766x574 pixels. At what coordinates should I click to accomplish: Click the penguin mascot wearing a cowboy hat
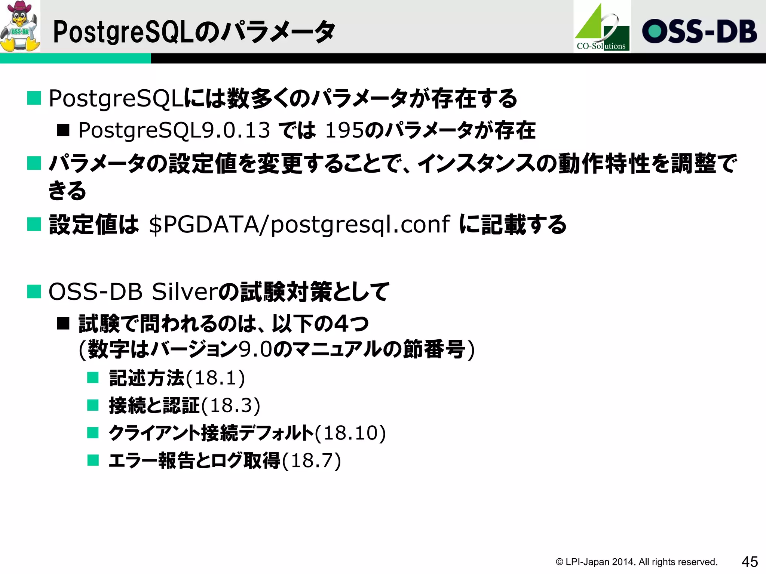[20, 26]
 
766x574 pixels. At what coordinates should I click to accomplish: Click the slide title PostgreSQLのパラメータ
[194, 32]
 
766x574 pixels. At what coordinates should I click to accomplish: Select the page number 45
[750, 562]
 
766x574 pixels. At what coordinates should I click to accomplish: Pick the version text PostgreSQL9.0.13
[174, 130]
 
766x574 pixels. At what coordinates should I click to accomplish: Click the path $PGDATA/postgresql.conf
[299, 225]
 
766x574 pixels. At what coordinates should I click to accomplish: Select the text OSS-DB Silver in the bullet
[133, 291]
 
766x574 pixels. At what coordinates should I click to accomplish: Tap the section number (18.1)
[215, 378]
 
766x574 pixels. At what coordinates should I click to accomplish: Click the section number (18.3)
[231, 405]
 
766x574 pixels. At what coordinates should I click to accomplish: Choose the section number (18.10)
[350, 433]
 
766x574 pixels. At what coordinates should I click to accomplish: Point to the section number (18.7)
[312, 460]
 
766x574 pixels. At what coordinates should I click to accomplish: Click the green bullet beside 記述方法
[93, 377]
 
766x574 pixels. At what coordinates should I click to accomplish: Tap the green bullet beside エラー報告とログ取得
[93, 460]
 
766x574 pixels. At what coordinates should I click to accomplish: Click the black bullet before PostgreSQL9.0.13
[63, 130]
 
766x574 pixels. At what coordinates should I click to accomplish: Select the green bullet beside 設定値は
[34, 224]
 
